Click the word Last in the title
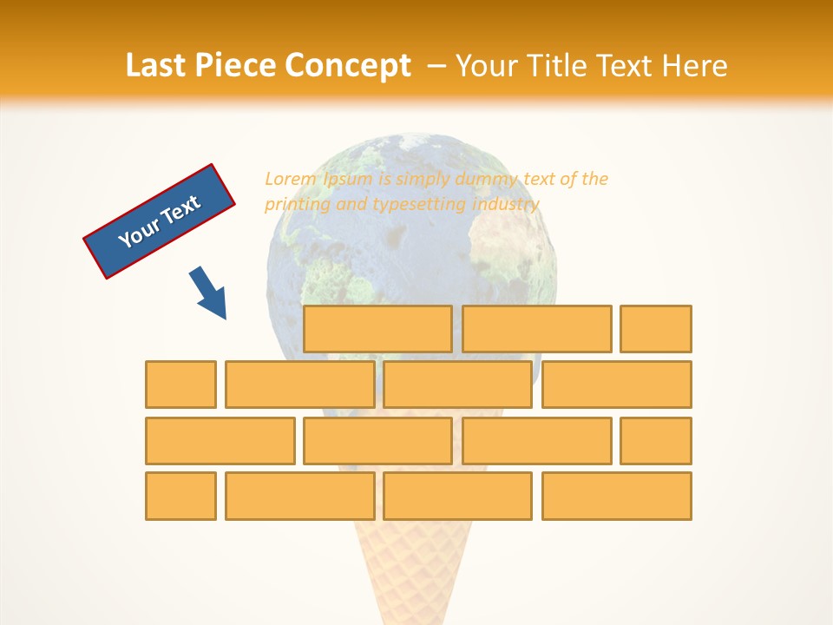point(155,66)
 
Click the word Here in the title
point(695,66)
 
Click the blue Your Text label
point(160,221)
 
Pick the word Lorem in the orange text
point(291,179)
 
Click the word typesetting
point(419,204)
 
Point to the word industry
point(506,204)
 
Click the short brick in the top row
point(656,328)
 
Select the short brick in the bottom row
point(180,496)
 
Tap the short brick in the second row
point(180,384)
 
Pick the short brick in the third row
point(656,440)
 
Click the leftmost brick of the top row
point(377,328)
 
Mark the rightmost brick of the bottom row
point(616,496)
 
